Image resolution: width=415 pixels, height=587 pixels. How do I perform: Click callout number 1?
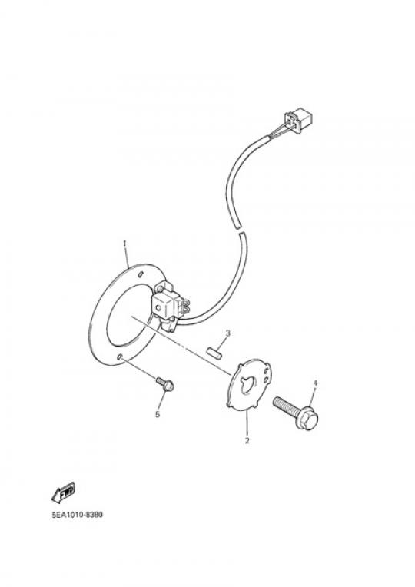tap(124, 244)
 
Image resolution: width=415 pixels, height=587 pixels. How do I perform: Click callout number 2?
tap(247, 440)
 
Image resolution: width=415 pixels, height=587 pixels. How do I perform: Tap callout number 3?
tap(227, 333)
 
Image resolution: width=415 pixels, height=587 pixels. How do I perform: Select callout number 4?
tap(315, 383)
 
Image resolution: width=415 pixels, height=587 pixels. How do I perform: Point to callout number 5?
tap(158, 414)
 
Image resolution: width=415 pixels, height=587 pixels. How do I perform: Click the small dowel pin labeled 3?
tap(214, 353)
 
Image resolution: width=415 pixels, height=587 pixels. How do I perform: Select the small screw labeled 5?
tap(165, 383)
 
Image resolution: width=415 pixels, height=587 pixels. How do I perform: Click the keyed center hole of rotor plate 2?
tap(247, 385)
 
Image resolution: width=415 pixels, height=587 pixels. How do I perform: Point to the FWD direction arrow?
tap(63, 492)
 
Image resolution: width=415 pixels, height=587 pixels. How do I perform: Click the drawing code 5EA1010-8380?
tap(77, 515)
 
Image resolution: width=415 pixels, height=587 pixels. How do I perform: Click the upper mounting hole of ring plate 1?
tap(141, 275)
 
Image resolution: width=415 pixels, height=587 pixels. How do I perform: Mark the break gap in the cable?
tap(239, 230)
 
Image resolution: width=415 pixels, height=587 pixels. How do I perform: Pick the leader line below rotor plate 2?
tap(247, 423)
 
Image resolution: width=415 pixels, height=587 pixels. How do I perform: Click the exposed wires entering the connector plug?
tap(277, 132)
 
